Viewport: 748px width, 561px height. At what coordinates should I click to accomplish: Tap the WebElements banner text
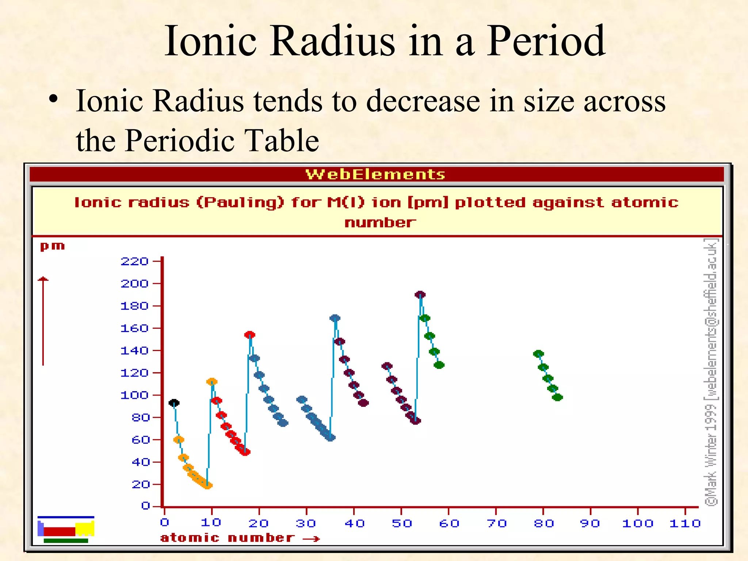coord(375,175)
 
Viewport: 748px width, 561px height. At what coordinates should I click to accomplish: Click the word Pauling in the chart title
coord(240,203)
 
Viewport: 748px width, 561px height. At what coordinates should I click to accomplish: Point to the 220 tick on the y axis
coord(134,262)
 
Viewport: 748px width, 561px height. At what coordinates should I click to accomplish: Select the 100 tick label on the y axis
coord(134,395)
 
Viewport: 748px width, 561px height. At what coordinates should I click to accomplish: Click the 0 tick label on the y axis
coord(145,506)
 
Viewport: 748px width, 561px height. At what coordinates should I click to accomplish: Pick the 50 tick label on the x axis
coord(402,524)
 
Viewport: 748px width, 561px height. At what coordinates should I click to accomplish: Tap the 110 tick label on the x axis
coord(685,524)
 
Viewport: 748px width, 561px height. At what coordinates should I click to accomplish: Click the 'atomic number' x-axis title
coord(227,538)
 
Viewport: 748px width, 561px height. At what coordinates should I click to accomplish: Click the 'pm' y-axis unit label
coord(52,247)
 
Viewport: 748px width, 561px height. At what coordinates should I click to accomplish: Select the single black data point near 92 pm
coord(174,403)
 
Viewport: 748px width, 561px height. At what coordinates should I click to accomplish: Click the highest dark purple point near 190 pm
coord(420,295)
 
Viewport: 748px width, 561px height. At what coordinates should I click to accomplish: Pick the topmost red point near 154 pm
coord(250,335)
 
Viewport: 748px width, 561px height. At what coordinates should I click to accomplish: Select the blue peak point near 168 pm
coord(335,318)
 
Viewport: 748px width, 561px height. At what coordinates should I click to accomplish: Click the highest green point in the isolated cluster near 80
coord(538,354)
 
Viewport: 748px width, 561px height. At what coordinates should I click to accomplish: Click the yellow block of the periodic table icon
coord(84,529)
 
